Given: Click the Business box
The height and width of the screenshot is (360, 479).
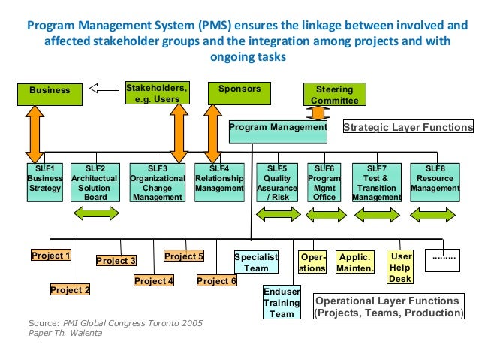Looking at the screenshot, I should (x=50, y=91).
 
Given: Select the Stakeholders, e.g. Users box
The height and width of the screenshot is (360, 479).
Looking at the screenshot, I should (x=157, y=93).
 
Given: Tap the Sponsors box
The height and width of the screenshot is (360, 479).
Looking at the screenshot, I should (x=239, y=91).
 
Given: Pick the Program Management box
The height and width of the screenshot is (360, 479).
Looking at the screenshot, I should (x=278, y=129).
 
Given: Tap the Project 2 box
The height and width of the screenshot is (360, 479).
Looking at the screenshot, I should (x=71, y=289).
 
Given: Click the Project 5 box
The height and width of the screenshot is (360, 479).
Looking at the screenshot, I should (x=184, y=256).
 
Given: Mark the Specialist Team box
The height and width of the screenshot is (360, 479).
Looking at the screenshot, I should (x=256, y=262).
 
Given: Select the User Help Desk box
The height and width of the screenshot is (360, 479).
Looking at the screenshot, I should (x=401, y=268).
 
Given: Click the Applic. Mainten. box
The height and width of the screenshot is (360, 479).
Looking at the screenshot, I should (x=355, y=262).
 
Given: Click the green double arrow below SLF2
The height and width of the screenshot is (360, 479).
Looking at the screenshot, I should (x=95, y=215).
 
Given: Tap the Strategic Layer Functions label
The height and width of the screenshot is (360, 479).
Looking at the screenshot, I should (x=408, y=127).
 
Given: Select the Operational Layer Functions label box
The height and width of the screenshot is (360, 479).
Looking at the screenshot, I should (x=388, y=306).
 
